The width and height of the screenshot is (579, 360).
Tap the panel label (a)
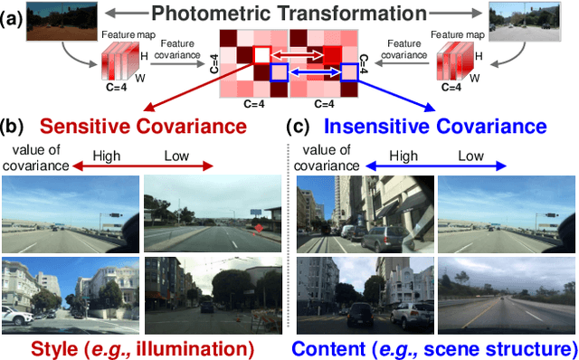[14, 15]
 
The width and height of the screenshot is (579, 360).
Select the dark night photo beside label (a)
[55, 20]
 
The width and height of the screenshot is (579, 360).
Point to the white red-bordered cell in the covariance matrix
[260, 55]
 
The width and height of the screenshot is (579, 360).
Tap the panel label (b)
[14, 127]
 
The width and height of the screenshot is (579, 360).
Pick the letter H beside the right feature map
[477, 57]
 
